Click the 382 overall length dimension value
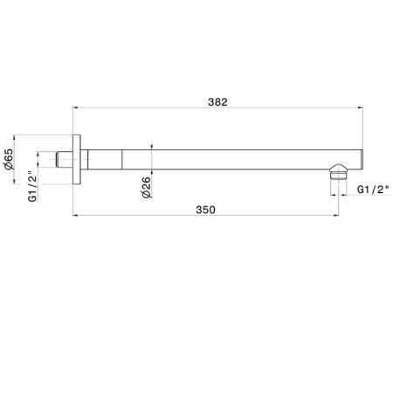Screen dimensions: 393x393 217,102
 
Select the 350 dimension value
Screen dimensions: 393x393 205,210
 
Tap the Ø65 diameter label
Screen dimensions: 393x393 9,159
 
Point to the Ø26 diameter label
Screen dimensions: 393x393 147,188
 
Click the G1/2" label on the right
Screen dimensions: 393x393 373,190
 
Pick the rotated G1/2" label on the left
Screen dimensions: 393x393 33,188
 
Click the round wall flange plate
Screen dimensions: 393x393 77,160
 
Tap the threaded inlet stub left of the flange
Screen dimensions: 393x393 64,160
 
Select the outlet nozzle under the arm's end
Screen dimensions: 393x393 339,172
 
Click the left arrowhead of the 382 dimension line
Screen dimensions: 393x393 75,107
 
